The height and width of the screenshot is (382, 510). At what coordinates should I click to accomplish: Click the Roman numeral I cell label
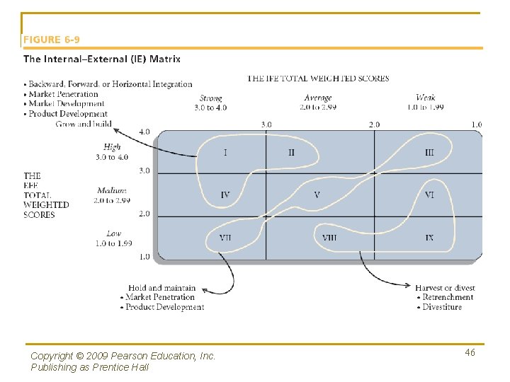point(225,152)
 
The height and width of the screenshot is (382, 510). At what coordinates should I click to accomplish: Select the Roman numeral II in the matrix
point(291,152)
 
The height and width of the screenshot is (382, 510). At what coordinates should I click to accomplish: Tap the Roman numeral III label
point(429,152)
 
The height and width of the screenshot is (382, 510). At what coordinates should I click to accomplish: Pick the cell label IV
point(225,195)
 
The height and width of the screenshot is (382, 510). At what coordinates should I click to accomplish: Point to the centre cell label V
point(317,195)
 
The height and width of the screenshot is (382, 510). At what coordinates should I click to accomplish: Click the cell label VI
point(429,195)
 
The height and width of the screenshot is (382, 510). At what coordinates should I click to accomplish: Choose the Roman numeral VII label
point(225,238)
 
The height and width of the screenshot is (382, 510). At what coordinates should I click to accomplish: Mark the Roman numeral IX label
point(429,238)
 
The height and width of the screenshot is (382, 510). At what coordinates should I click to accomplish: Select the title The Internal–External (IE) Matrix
point(102,59)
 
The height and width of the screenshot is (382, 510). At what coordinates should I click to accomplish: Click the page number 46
point(470,352)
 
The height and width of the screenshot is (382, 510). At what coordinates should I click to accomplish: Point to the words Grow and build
point(84,124)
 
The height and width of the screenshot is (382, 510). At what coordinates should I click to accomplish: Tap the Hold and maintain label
point(162,288)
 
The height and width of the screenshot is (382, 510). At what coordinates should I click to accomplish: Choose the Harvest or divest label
point(445,288)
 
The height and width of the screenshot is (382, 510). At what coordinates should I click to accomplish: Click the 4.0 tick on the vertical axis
point(144,132)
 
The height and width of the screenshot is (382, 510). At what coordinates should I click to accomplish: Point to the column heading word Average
point(318,98)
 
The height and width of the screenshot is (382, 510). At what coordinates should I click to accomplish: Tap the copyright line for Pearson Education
point(123,356)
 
